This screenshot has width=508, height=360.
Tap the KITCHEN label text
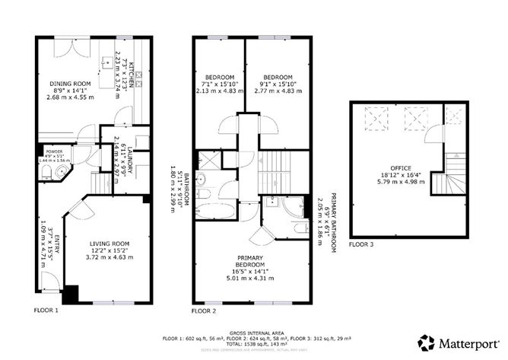(132, 75)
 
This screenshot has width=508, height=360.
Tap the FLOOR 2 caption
(205, 311)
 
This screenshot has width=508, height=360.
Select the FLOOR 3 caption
(362, 245)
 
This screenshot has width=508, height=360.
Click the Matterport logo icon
(426, 342)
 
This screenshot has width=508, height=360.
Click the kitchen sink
(106, 59)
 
